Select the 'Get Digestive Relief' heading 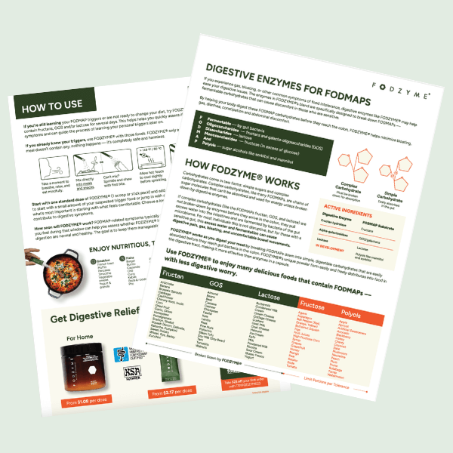click(x=98, y=316)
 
